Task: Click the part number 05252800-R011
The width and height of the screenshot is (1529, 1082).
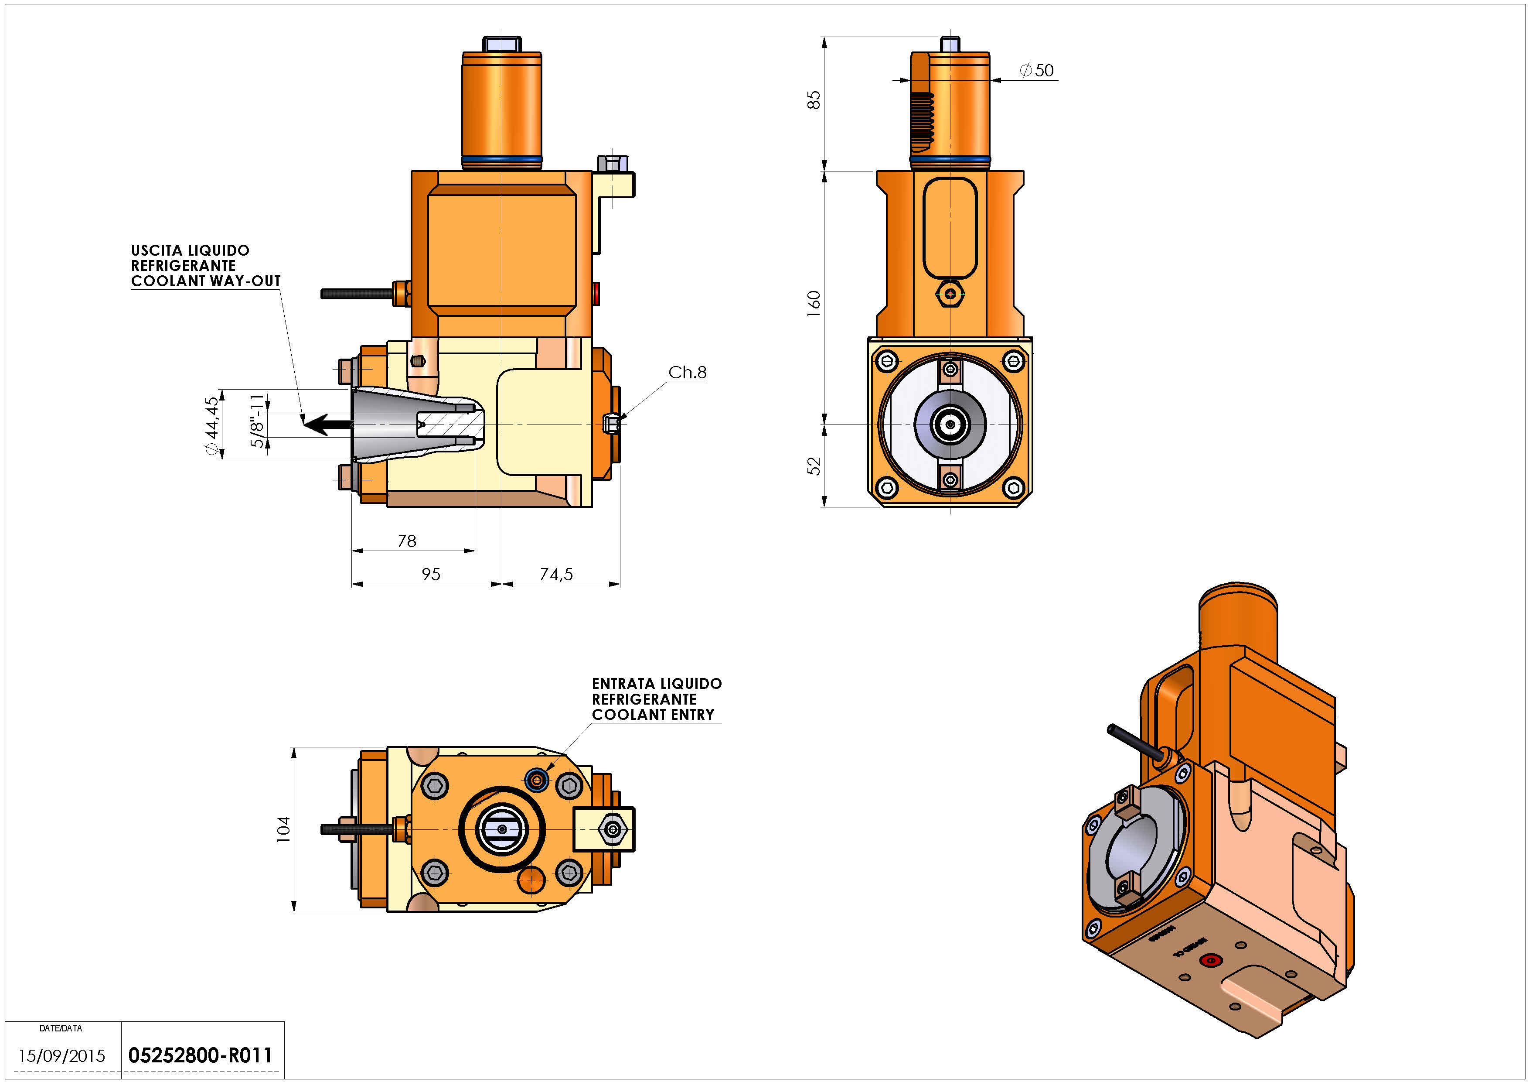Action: pos(200,1055)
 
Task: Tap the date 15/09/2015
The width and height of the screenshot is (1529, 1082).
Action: pos(61,1056)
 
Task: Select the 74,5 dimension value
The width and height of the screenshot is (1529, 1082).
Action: pos(556,574)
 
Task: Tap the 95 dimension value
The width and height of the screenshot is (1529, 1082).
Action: pos(431,574)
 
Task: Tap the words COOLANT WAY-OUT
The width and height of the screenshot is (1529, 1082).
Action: pos(206,281)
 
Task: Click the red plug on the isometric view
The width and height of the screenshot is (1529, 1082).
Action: pos(1210,961)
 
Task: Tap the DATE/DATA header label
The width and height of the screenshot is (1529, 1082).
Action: pos(61,1028)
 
